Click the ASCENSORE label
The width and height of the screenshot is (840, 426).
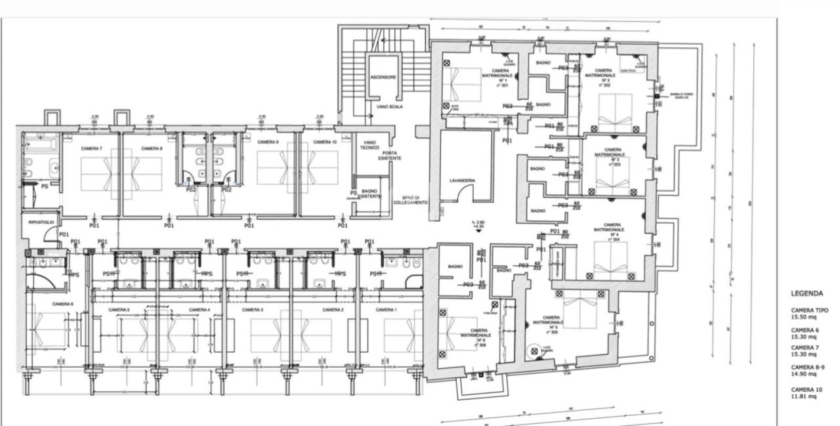(x=383, y=77)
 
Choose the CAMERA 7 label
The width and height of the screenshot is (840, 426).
(x=92, y=148)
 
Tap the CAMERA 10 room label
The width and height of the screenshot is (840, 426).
(x=325, y=142)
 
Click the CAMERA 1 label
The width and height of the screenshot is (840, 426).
(x=386, y=310)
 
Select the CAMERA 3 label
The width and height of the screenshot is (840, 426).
(x=252, y=310)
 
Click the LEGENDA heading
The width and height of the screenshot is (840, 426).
(x=807, y=294)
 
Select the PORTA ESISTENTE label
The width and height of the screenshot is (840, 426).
(x=398, y=156)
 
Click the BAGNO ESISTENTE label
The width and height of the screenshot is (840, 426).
(x=370, y=194)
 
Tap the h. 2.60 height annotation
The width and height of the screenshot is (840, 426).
(x=478, y=224)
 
